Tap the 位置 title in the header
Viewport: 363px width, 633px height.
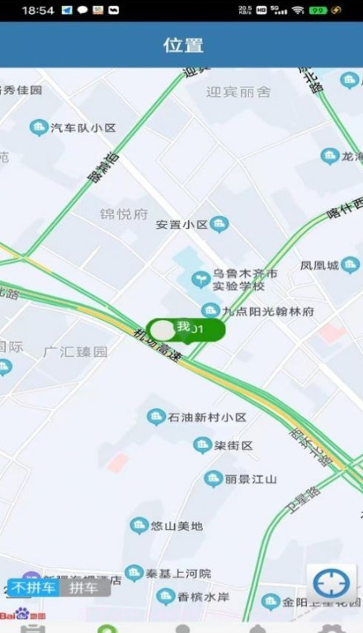182,45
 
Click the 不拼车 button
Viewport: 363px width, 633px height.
34,588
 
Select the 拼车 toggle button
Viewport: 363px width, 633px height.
83,588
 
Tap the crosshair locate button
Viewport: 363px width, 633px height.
332,583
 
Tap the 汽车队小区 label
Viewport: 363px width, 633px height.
82,128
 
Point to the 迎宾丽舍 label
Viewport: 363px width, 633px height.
238,92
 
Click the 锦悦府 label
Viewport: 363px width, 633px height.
124,215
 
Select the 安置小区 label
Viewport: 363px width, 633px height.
182,224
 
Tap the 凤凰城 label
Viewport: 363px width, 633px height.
319,265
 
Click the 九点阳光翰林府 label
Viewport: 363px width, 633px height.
268,312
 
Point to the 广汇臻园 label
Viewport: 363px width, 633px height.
76,351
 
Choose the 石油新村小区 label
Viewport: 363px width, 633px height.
207,417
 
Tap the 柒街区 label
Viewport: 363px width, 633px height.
233,446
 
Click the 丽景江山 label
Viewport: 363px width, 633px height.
252,478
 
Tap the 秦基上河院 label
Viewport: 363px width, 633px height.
178,573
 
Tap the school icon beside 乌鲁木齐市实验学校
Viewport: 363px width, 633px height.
200,279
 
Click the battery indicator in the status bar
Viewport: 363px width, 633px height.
317,10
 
